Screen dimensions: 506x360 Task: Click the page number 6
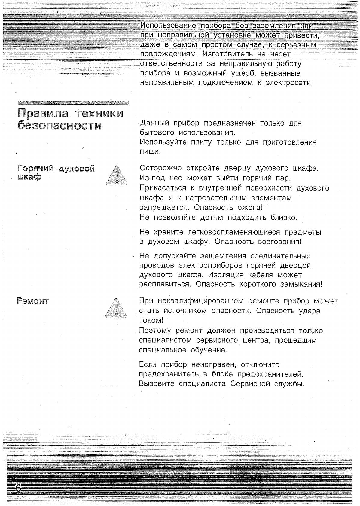pyautogui.click(x=18, y=488)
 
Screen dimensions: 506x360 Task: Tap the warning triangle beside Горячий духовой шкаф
pyautogui.click(x=116, y=176)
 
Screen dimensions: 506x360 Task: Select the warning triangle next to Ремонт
pyautogui.click(x=116, y=308)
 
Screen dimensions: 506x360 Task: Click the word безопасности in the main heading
pyautogui.click(x=59, y=126)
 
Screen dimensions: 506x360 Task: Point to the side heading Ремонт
pyautogui.click(x=33, y=301)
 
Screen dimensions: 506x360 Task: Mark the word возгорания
pyautogui.click(x=280, y=242)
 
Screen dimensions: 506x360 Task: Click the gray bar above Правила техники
pyautogui.click(x=73, y=102)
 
